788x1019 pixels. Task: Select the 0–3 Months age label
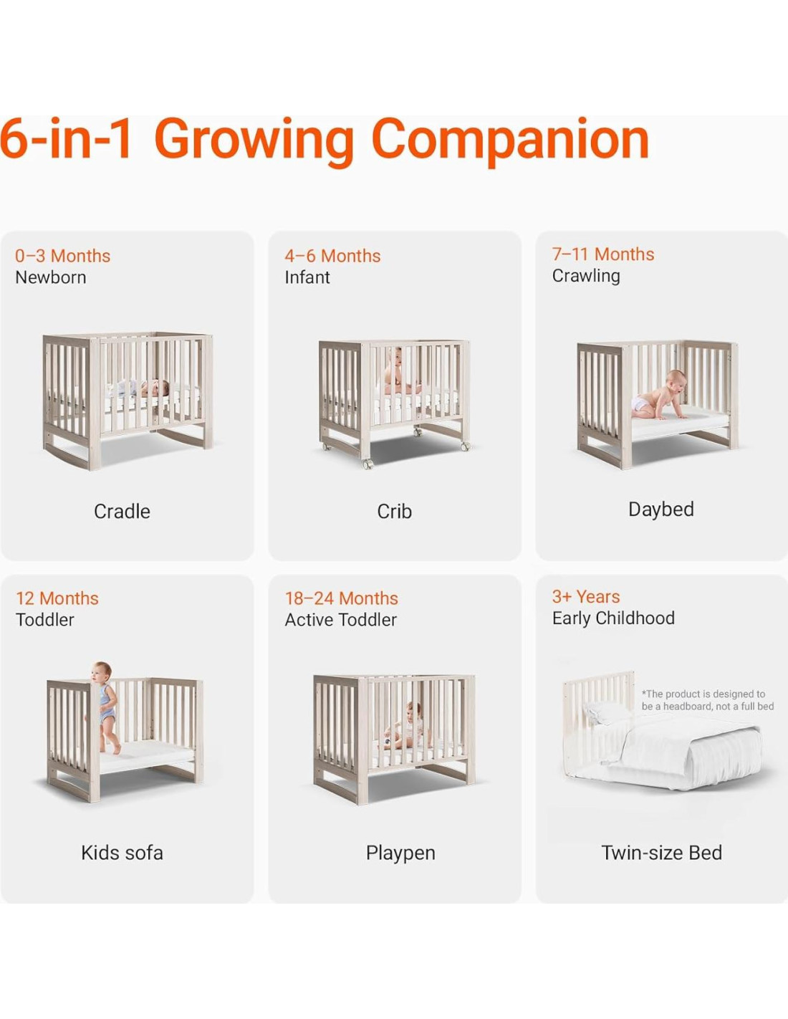[63, 256]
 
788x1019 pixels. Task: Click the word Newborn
[51, 277]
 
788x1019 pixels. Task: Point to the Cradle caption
[122, 511]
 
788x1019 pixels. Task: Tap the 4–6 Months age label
[333, 256]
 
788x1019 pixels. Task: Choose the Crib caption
[394, 511]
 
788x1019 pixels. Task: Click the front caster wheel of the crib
[368, 464]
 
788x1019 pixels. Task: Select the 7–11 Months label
[603, 254]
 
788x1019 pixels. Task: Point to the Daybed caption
[661, 509]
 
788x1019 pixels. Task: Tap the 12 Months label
[57, 598]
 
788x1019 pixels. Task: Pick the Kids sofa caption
[122, 853]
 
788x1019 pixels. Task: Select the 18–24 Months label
[341, 598]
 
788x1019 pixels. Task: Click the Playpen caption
[400, 853]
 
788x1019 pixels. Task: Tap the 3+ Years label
[586, 596]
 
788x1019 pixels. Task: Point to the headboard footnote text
[707, 700]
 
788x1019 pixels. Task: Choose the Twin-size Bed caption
[661, 853]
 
